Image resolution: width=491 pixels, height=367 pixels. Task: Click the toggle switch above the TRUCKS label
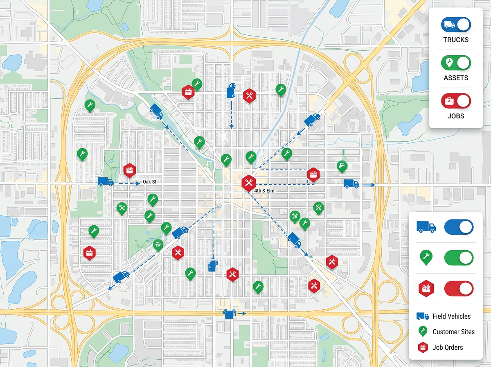pos(456,25)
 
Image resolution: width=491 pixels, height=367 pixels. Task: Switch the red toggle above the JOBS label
pos(456,101)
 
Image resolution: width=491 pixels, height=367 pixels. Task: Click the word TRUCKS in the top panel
pos(456,40)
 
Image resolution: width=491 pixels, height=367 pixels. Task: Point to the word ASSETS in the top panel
pos(456,78)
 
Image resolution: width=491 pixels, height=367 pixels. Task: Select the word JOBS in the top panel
pos(456,116)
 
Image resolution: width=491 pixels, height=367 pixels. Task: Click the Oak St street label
pos(150,182)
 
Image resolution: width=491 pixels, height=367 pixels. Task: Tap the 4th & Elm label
pos(264,191)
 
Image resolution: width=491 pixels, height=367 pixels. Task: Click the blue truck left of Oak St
pos(105,182)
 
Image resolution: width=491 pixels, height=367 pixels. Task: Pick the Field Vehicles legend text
pos(451,316)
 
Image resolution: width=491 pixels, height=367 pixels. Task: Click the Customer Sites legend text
pos(453,332)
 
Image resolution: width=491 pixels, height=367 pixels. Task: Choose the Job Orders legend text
pos(448,347)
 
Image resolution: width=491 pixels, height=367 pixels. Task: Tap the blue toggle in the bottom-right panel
pos(459,227)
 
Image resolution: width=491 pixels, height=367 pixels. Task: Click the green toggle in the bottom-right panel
pos(459,258)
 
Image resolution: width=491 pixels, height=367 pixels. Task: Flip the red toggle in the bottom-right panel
pos(459,288)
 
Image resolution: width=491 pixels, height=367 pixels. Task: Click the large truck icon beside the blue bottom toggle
pos(426,227)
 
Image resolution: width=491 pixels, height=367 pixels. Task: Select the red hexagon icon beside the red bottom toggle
pos(426,289)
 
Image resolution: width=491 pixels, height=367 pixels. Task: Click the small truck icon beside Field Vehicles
pos(423,316)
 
